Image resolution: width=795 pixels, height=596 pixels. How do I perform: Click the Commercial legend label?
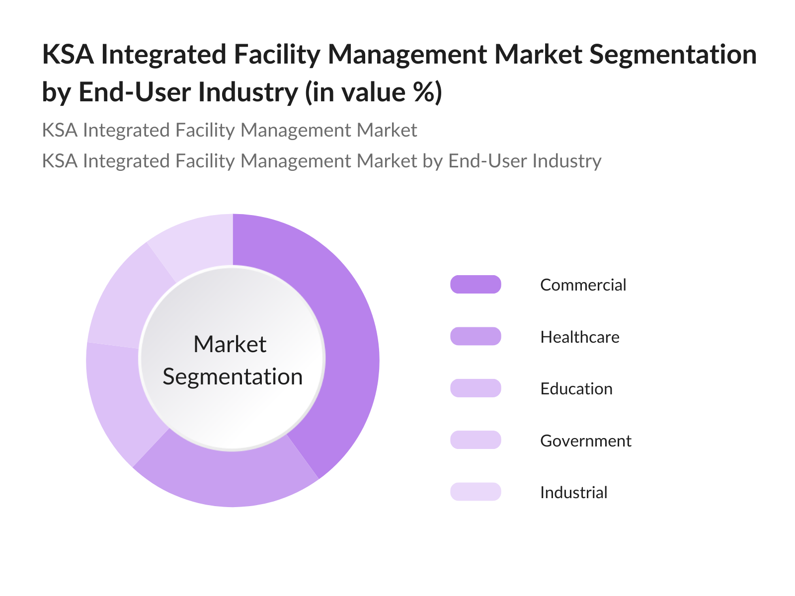(x=583, y=285)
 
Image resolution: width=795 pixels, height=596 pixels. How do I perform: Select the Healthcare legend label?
(x=579, y=337)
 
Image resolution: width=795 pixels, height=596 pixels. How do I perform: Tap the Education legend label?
(x=576, y=389)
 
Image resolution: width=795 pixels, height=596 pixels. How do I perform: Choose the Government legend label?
(x=585, y=441)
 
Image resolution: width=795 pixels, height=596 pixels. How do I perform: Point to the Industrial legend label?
(x=573, y=493)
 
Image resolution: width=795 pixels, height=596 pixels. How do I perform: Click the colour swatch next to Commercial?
(x=476, y=285)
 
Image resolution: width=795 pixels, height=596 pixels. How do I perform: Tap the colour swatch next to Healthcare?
(x=476, y=336)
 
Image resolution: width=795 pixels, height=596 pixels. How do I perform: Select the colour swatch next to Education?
(x=476, y=388)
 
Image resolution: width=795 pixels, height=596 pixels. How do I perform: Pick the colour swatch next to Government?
(x=476, y=440)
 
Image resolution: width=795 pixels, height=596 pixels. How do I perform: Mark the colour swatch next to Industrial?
(x=476, y=492)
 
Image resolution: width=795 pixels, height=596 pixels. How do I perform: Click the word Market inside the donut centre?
(x=230, y=344)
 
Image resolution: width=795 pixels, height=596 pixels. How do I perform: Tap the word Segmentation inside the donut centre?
(x=233, y=377)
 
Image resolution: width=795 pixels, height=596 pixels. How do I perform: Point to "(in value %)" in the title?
(x=373, y=92)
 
